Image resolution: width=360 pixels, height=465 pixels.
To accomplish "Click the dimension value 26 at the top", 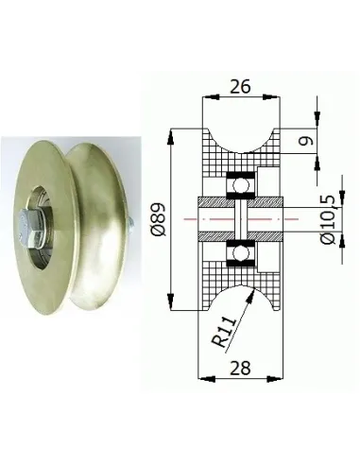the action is (240, 86).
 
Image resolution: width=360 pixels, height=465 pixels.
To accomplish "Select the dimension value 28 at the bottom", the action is (240, 368).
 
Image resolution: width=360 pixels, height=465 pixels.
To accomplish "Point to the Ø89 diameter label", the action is (159, 219).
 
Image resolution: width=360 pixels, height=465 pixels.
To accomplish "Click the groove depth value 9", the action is (306, 141).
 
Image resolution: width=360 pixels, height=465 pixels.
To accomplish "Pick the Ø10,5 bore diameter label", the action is (328, 219).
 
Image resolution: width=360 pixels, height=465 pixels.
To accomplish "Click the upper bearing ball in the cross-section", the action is (240, 185).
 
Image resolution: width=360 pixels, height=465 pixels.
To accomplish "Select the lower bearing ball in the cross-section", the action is (241, 253).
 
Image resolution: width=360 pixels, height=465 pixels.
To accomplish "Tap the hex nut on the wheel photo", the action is (30, 226).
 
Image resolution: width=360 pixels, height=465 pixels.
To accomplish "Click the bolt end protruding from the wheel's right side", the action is (130, 223).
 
